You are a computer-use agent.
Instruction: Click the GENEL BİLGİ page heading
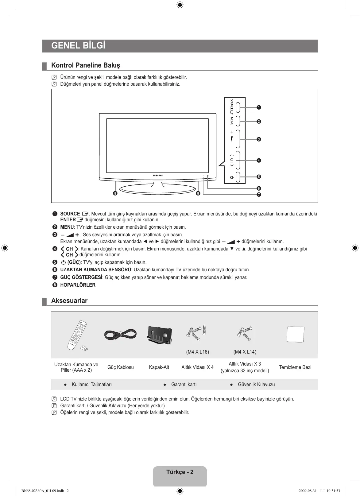(x=78, y=46)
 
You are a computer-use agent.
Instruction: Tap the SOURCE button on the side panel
(x=238, y=106)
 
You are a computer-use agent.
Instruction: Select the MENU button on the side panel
(x=238, y=121)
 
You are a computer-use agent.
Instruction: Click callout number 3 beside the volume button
(x=259, y=139)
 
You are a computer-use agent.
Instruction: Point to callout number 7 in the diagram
(x=259, y=195)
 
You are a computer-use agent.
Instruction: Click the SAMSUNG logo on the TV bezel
(x=158, y=175)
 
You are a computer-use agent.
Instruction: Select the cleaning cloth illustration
(x=295, y=334)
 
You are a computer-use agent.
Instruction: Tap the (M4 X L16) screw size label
(x=197, y=352)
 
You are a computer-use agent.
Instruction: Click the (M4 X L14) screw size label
(x=245, y=352)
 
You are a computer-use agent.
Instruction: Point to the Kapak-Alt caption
(x=159, y=367)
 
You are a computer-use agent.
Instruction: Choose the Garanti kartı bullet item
(x=184, y=384)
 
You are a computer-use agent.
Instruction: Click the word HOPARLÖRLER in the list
(x=78, y=285)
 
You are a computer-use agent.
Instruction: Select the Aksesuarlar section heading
(x=69, y=301)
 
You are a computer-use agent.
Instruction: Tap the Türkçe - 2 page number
(x=180, y=472)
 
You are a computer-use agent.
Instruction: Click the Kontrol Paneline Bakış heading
(x=86, y=65)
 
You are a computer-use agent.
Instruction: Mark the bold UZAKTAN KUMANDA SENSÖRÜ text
(x=95, y=270)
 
